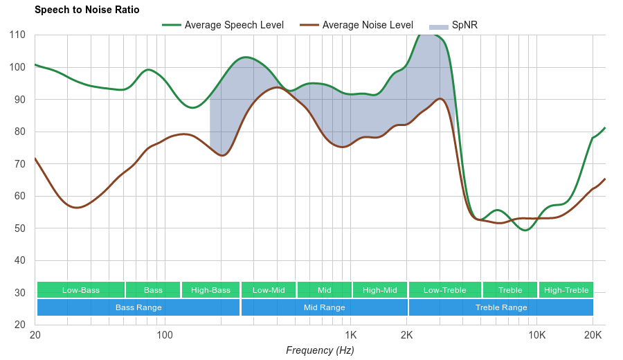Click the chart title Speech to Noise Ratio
[x=87, y=10]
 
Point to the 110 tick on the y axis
[x=18, y=35]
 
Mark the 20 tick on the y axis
[x=20, y=325]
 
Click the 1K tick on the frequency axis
[x=350, y=334]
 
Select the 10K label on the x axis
[x=536, y=334]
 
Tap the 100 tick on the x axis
[x=165, y=334]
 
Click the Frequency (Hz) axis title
[x=320, y=350]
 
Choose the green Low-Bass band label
[x=81, y=290]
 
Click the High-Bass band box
[x=210, y=290]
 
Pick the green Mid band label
[x=324, y=290]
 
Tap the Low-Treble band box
[x=444, y=290]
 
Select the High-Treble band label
[x=566, y=290]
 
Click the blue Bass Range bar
[x=138, y=307]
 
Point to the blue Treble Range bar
[x=501, y=307]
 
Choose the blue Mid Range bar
[x=324, y=307]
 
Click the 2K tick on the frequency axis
[x=407, y=334]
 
